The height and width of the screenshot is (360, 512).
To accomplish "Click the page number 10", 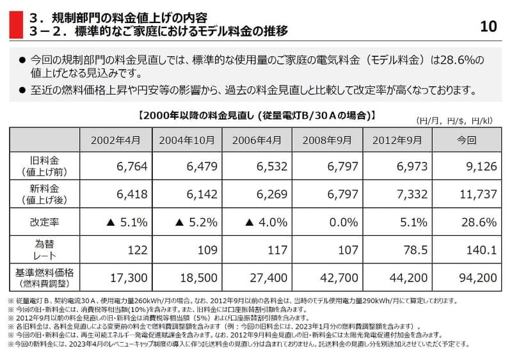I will tap(488, 26).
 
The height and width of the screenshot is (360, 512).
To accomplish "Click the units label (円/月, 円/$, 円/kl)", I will tap(454, 120).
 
